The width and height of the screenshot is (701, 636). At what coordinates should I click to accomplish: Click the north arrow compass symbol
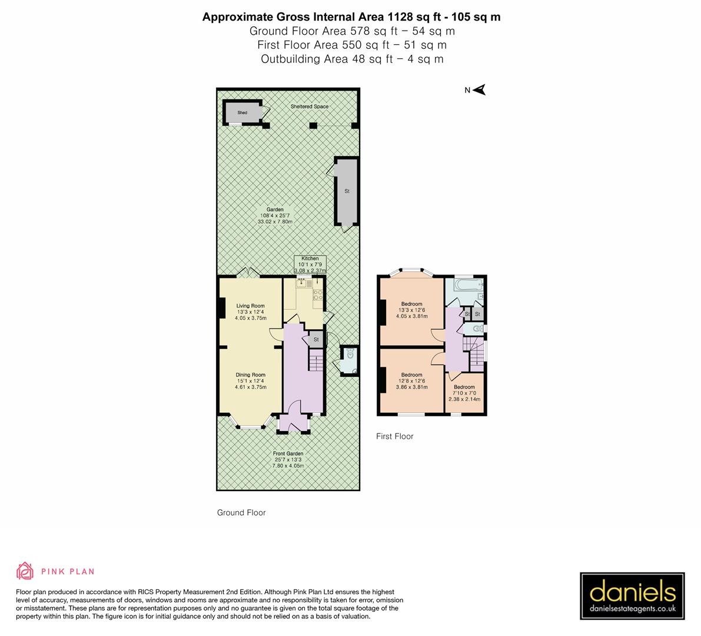pyautogui.click(x=479, y=90)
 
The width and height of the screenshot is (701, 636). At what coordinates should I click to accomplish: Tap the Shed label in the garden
pyautogui.click(x=242, y=112)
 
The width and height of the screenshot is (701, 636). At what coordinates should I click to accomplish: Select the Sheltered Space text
pyautogui.click(x=310, y=107)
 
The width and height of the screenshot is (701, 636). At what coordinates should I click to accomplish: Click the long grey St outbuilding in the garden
pyautogui.click(x=347, y=191)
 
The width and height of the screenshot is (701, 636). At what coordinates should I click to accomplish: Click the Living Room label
pyautogui.click(x=251, y=312)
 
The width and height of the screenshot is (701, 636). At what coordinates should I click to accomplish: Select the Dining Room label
pyautogui.click(x=251, y=380)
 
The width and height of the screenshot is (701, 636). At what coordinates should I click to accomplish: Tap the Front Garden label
pyautogui.click(x=288, y=459)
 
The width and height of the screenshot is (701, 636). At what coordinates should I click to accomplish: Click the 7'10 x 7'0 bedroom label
pyautogui.click(x=464, y=393)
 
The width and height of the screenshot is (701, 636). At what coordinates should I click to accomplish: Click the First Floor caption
pyautogui.click(x=395, y=436)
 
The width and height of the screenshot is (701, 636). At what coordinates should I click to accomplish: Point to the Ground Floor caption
pyautogui.click(x=241, y=512)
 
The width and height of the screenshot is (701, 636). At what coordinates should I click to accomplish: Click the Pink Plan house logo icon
pyautogui.click(x=25, y=571)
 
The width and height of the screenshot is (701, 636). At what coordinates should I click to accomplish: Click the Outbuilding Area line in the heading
pyautogui.click(x=351, y=59)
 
